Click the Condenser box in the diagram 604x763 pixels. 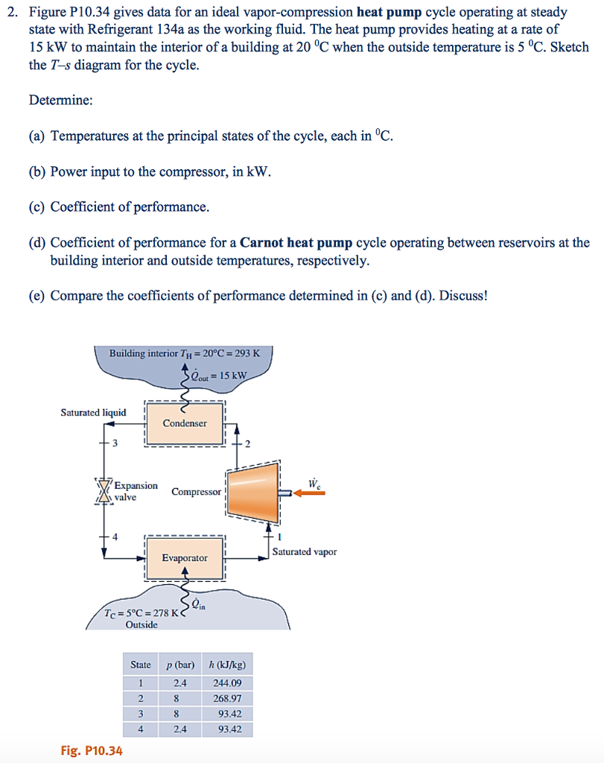185,423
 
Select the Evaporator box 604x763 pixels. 185,557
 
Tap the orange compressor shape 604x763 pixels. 253,491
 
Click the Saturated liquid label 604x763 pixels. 93,412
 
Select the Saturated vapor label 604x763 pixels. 304,552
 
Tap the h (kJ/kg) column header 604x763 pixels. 227,665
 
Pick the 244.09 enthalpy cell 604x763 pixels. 227,683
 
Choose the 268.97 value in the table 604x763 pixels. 227,698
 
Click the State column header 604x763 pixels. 140,665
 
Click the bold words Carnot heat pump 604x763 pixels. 296,243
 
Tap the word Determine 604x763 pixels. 60,100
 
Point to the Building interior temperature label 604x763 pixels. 184,353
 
